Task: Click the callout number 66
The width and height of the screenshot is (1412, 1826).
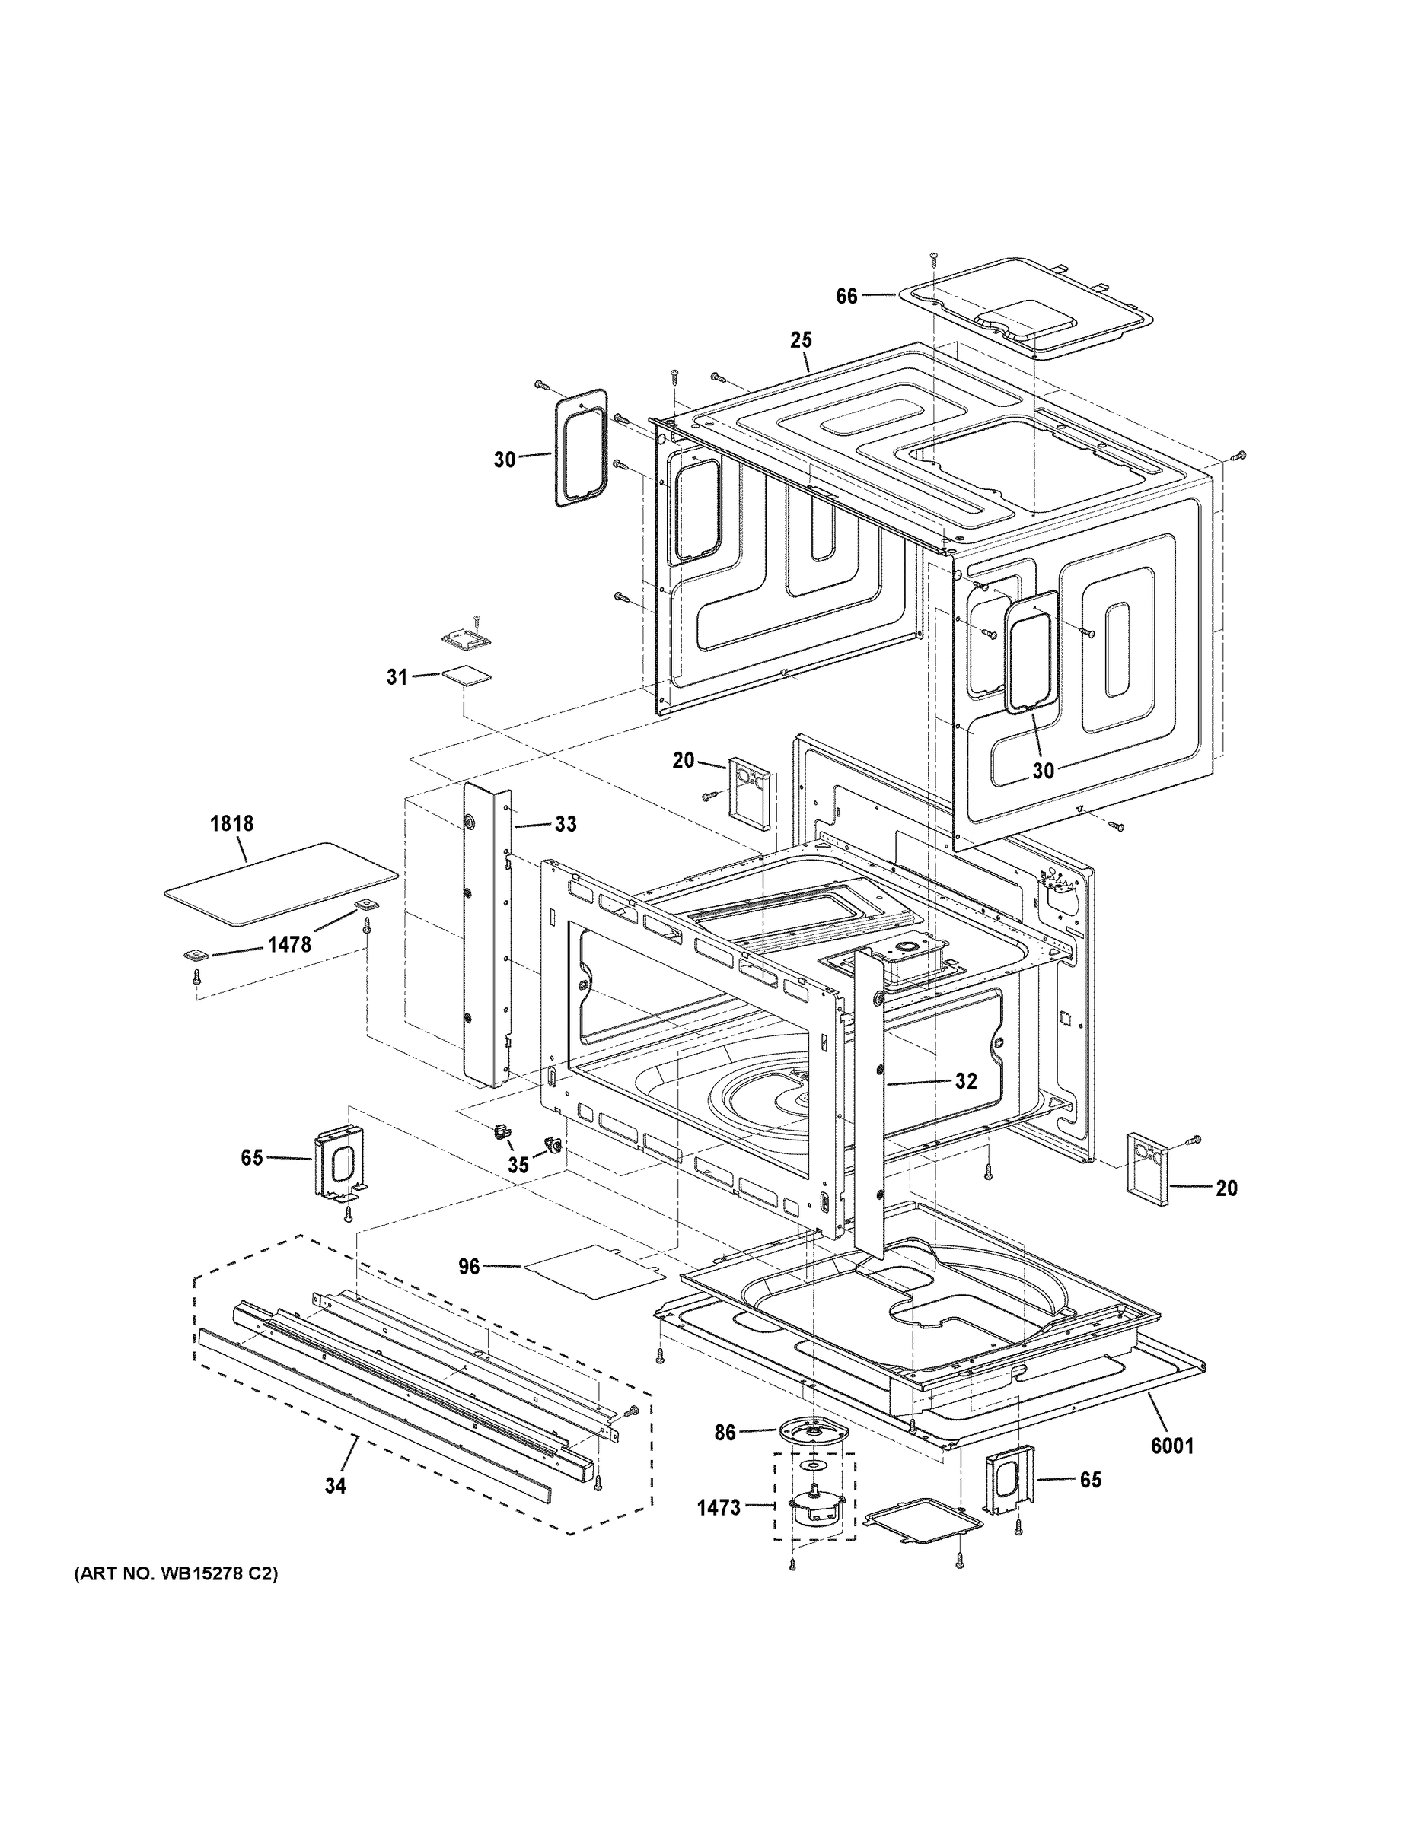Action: (x=846, y=296)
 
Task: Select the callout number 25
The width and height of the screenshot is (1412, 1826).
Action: (x=801, y=340)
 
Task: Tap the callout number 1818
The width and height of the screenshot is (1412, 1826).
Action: (x=231, y=823)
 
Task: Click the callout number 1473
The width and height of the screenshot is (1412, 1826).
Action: (x=719, y=1507)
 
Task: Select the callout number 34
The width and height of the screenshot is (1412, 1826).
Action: (x=336, y=1486)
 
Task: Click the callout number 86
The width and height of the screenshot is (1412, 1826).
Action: (x=725, y=1433)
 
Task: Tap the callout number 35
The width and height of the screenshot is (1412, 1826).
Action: (x=518, y=1166)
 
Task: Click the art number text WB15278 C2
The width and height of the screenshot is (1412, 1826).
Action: (x=177, y=1574)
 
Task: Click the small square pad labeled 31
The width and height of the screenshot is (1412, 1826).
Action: (x=466, y=676)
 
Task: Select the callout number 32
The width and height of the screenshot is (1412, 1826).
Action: (x=965, y=1081)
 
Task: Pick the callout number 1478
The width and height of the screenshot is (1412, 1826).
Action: (x=288, y=945)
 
